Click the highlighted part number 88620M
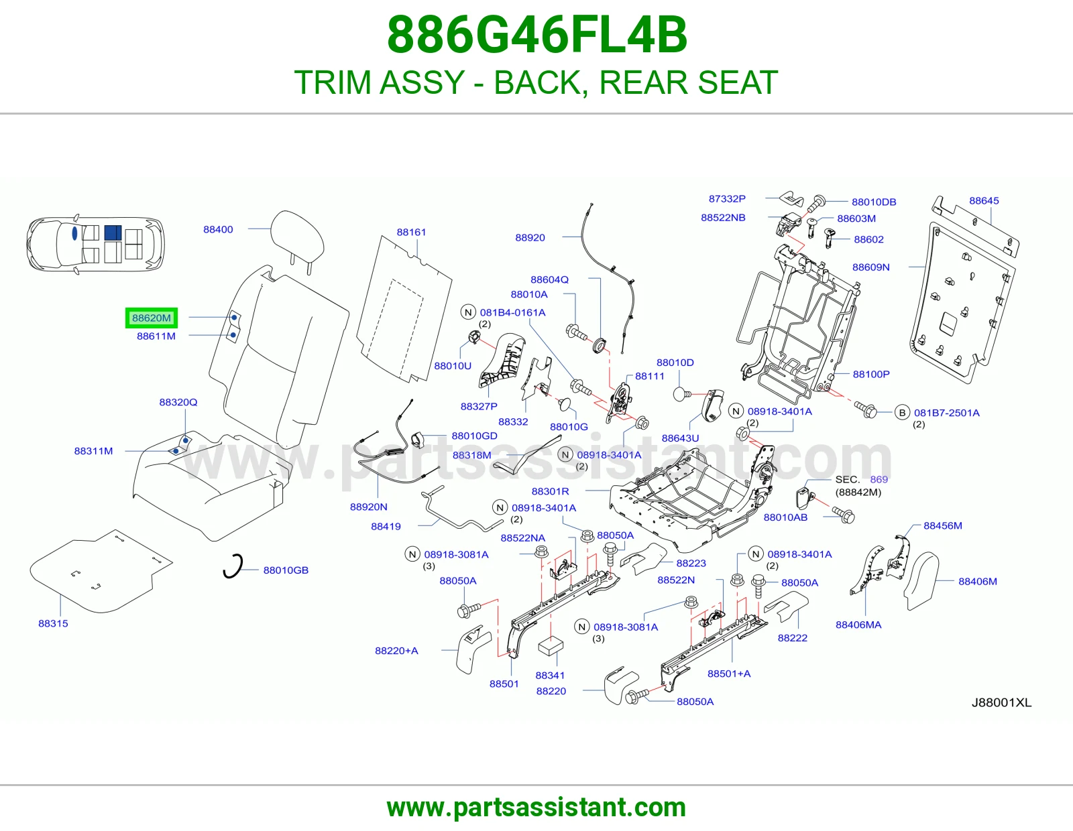151,318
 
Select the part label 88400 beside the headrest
218,229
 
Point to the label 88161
411,232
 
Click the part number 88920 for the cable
530,237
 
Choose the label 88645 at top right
984,200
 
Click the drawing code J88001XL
1001,703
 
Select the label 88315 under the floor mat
53,623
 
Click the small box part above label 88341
550,646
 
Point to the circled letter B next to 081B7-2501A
902,413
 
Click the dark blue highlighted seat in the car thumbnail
113,233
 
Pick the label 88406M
977,581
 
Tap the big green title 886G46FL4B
536,35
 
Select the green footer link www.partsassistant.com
536,808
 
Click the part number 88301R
550,491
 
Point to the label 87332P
727,198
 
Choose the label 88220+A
396,650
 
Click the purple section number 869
879,479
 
